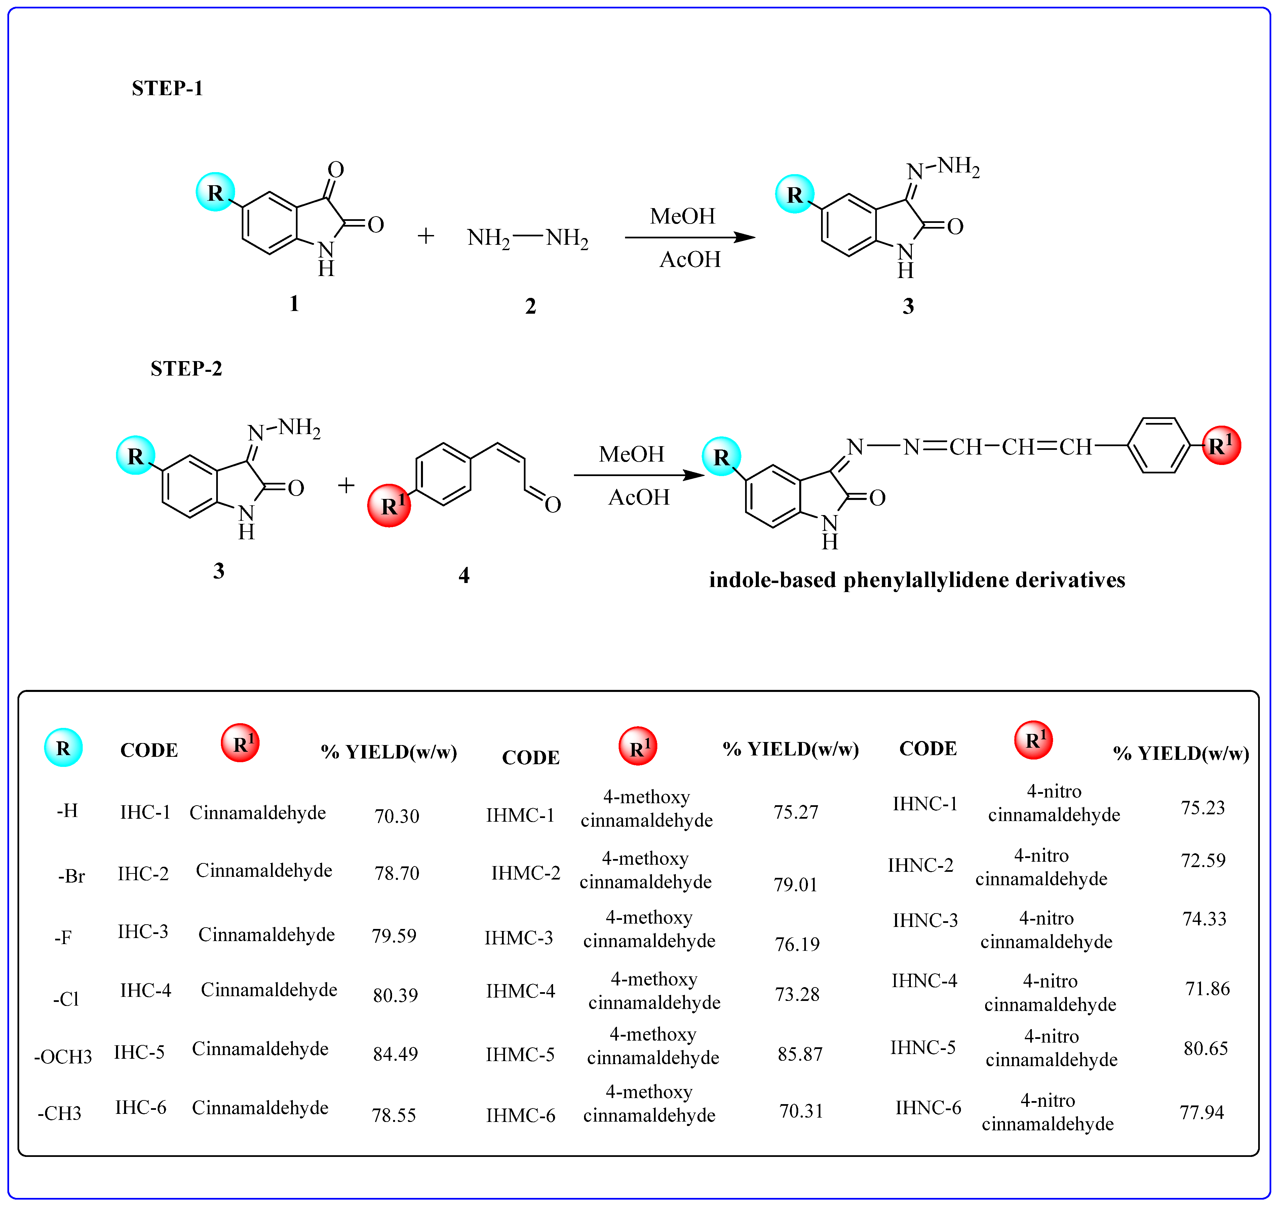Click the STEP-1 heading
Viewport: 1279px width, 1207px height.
pyautogui.click(x=167, y=88)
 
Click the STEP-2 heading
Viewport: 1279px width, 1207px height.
pyautogui.click(x=186, y=369)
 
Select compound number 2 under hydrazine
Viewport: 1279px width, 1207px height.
pyautogui.click(x=530, y=306)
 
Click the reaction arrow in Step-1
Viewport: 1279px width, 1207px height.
pyautogui.click(x=690, y=237)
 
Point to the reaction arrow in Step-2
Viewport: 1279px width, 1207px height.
pyautogui.click(x=639, y=475)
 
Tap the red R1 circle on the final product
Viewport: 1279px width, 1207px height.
pyautogui.click(x=1220, y=445)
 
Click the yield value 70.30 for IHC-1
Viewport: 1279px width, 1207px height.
pyautogui.click(x=397, y=816)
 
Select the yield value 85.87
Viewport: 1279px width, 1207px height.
pyautogui.click(x=800, y=1054)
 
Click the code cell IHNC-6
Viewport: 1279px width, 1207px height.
pyautogui.click(x=928, y=1107)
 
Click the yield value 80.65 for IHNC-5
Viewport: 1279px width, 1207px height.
pyautogui.click(x=1206, y=1048)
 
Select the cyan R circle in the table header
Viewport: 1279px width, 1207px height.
pyautogui.click(x=63, y=748)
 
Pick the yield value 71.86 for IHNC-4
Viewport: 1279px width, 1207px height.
pyautogui.click(x=1207, y=988)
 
